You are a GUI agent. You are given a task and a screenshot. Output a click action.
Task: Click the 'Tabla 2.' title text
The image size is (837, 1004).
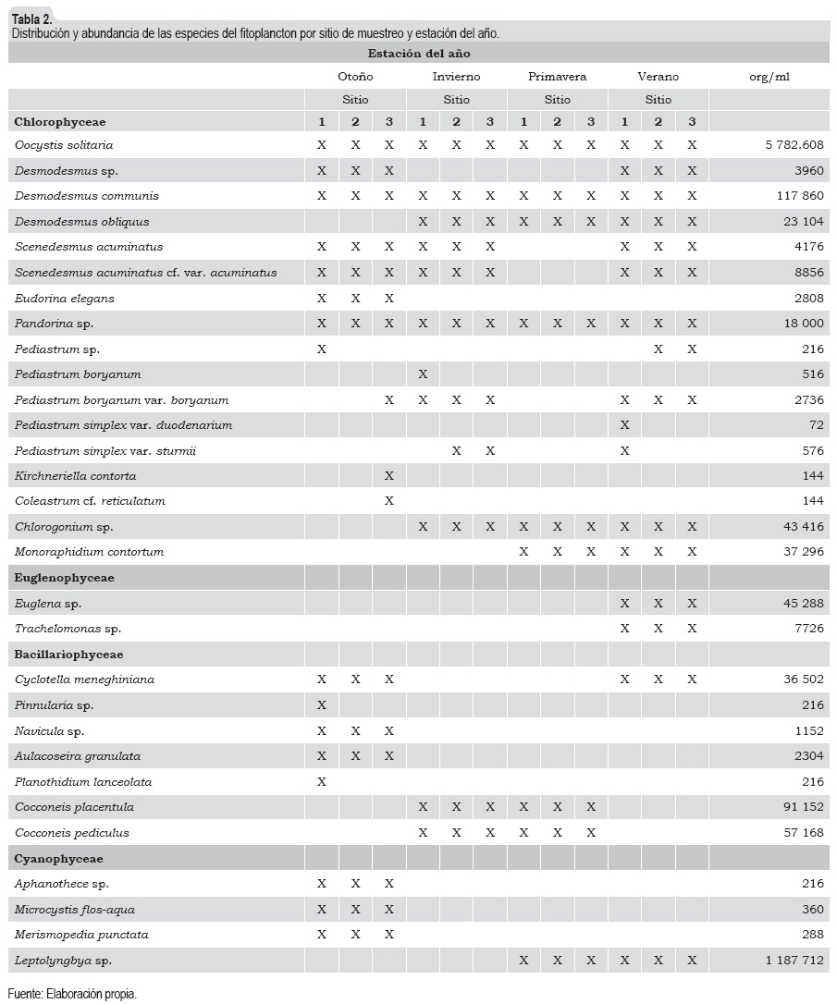(31, 18)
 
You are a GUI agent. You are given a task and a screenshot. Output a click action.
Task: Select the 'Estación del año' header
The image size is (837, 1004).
(419, 54)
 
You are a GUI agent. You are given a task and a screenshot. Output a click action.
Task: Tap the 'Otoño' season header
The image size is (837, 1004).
(355, 77)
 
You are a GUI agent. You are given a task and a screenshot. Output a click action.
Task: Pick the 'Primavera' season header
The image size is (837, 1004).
(557, 77)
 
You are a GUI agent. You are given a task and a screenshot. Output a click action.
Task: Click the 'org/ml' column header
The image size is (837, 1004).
(769, 77)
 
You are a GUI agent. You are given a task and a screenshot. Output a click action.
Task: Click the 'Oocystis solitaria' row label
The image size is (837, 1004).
(64, 145)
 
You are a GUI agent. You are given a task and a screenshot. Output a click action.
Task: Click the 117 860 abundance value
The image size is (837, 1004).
(794, 196)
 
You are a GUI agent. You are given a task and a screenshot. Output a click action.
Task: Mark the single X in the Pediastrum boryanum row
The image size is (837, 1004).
(423, 374)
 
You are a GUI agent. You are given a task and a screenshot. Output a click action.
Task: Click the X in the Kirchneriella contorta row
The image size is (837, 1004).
(389, 476)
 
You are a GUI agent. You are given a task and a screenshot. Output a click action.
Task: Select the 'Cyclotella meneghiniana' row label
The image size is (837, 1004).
(84, 680)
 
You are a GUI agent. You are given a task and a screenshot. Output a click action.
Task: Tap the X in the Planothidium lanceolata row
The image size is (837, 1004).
(322, 782)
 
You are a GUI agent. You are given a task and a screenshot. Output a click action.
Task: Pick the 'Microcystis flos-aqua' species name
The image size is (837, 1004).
(75, 910)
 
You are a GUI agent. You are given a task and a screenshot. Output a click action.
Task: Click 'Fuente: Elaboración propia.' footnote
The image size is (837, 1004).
(72, 995)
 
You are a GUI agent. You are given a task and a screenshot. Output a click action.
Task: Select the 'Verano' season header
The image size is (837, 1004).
(659, 77)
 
